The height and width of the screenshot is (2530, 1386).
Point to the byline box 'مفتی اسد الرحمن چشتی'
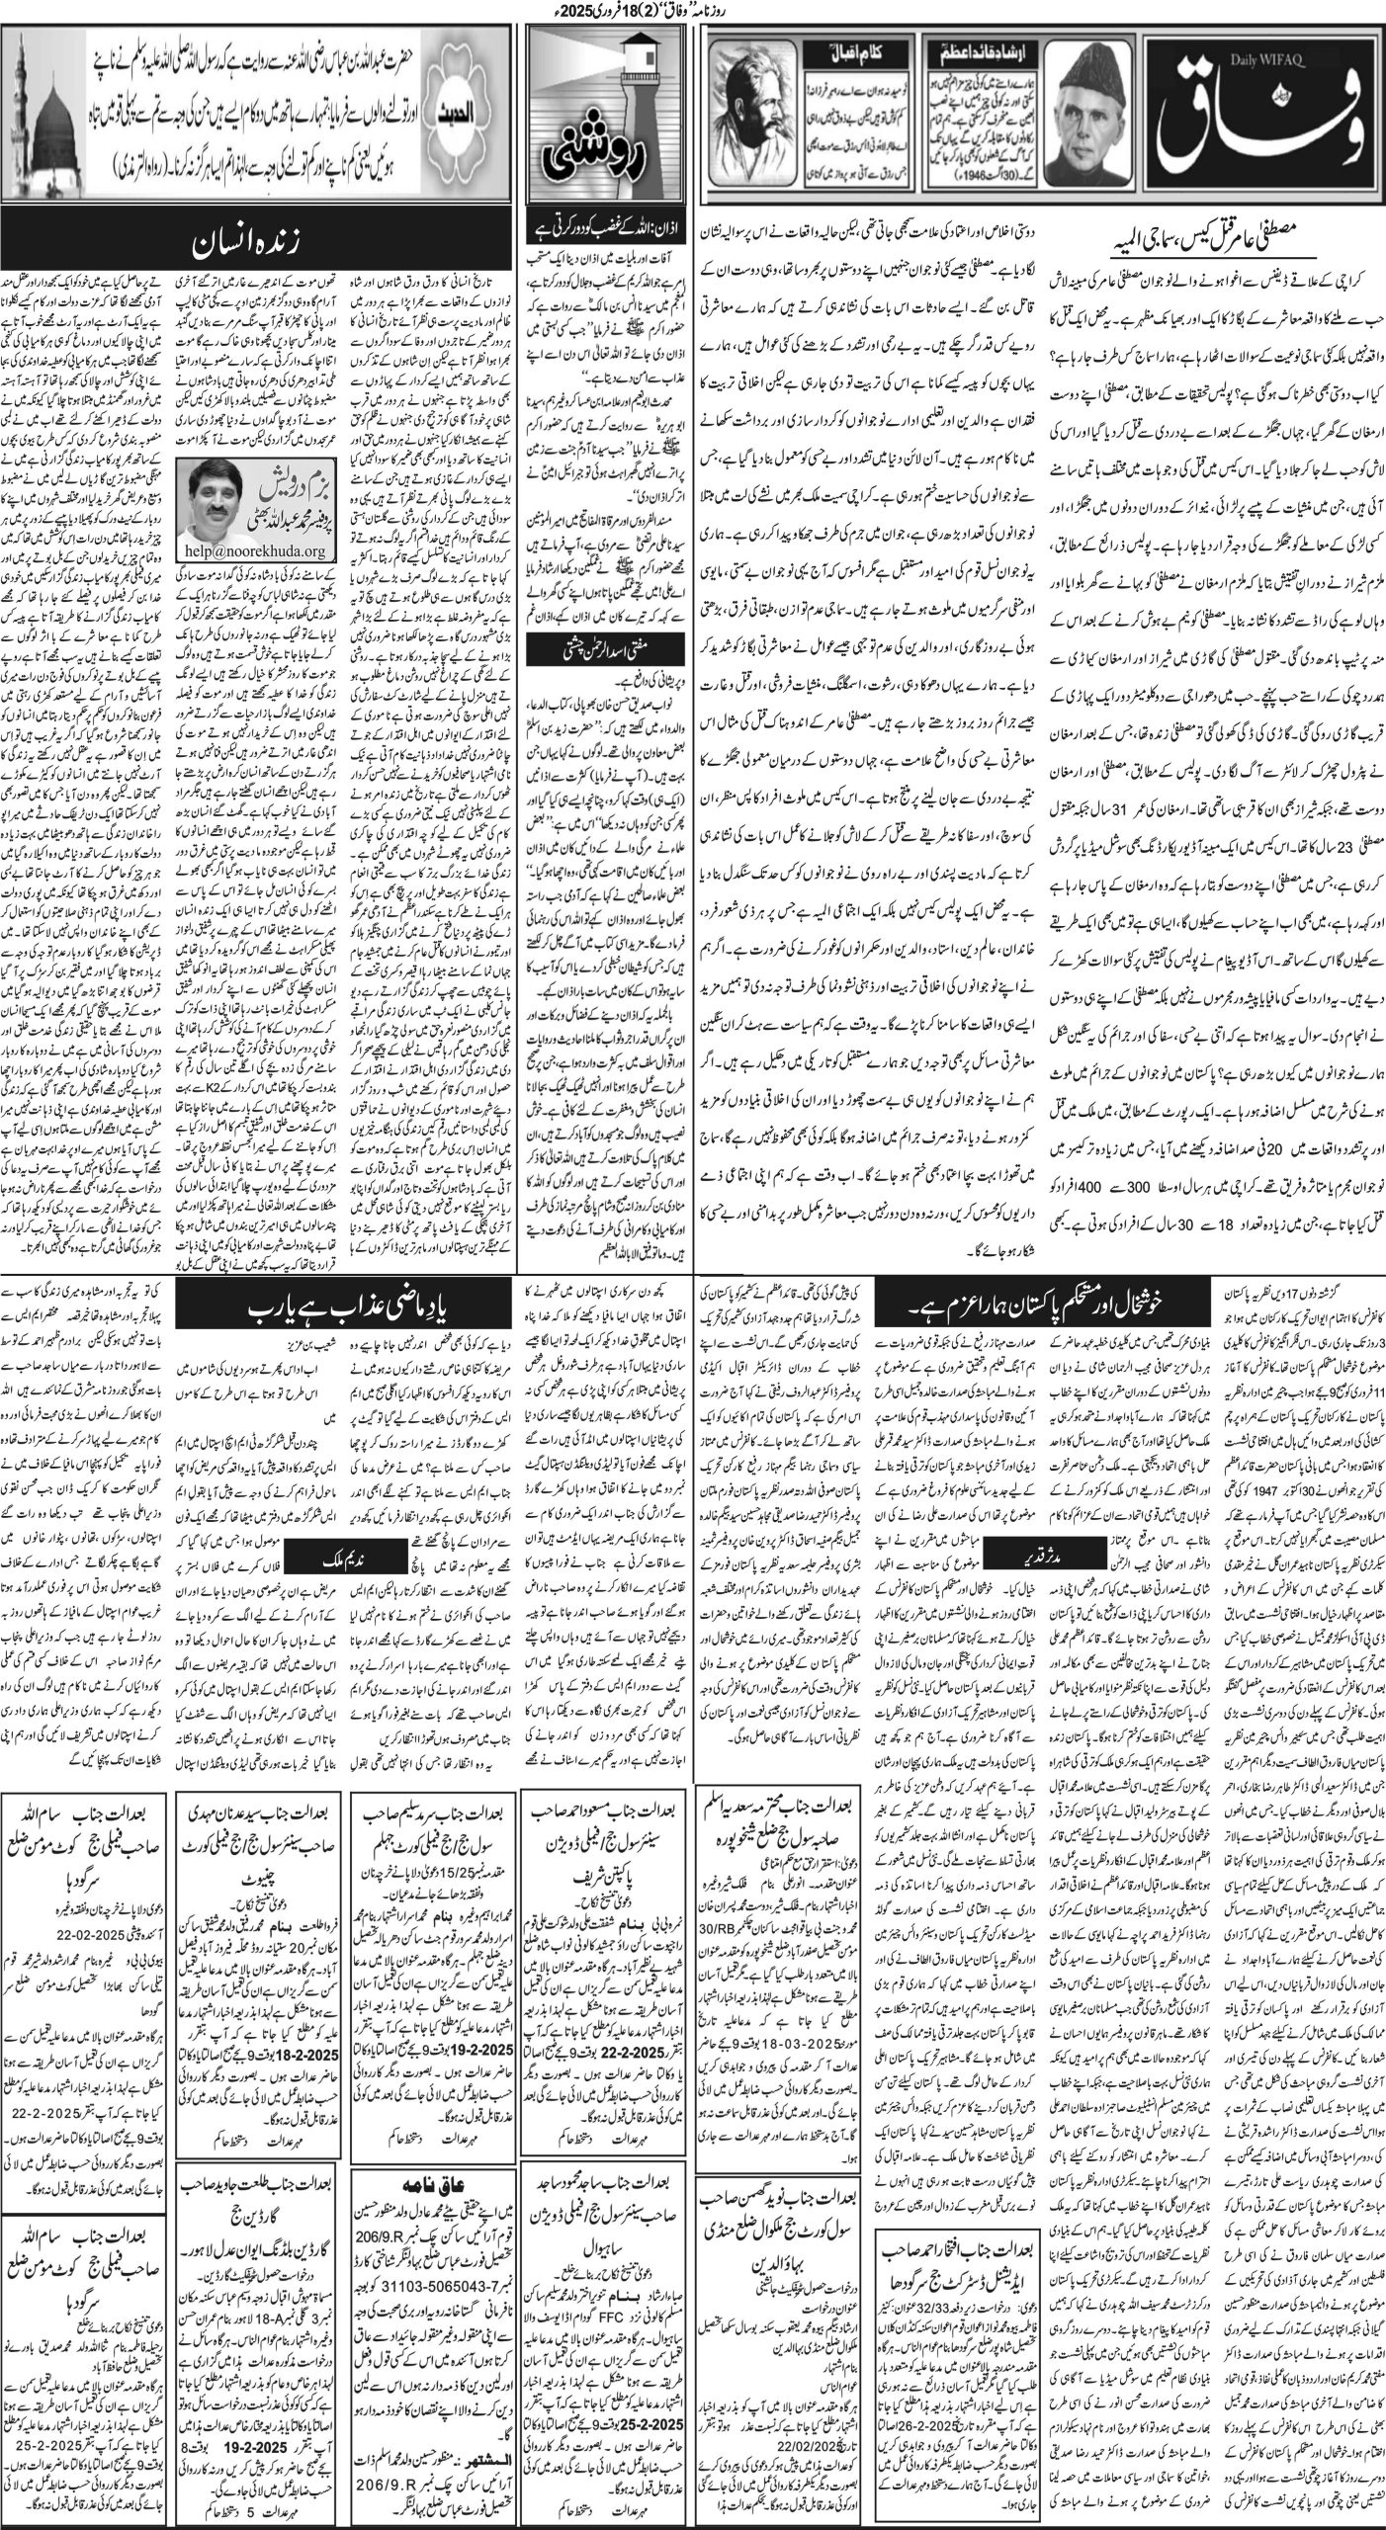614,647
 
